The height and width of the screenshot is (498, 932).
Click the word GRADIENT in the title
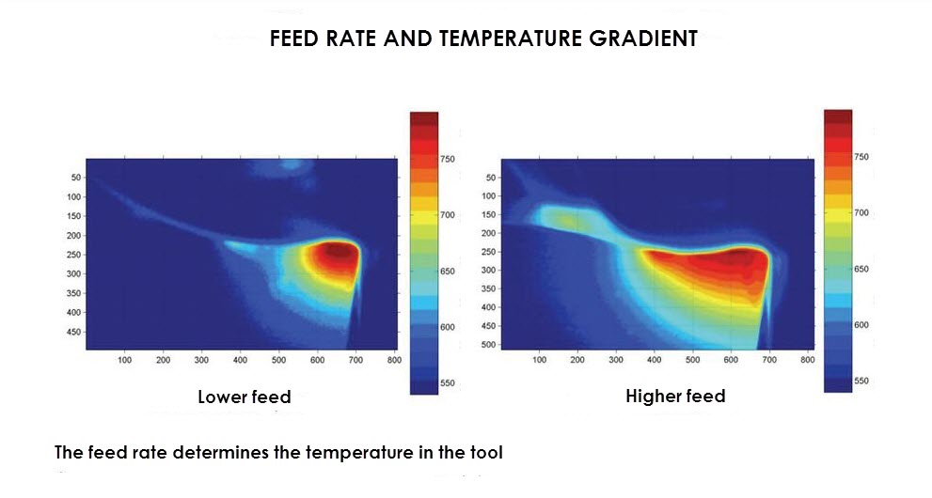click(x=643, y=39)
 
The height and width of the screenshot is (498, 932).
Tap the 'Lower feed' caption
click(x=245, y=397)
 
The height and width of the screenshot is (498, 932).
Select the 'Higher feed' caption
click(x=675, y=396)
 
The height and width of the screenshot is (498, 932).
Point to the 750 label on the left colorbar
click(x=448, y=159)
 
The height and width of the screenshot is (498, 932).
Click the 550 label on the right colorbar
click(x=861, y=381)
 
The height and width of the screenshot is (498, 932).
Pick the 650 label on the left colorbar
click(x=448, y=272)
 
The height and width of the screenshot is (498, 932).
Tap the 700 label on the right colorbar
click(x=861, y=212)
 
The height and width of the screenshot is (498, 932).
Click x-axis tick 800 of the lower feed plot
click(x=394, y=360)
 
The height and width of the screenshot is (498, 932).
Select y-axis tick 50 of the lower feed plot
click(x=76, y=178)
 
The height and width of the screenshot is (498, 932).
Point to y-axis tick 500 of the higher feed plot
click(x=489, y=344)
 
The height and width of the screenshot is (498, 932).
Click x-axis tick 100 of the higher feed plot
click(x=539, y=360)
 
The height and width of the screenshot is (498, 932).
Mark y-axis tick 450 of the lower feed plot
click(x=73, y=332)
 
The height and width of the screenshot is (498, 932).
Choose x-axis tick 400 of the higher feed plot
click(x=654, y=360)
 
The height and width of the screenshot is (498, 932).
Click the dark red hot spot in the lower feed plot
click(x=337, y=252)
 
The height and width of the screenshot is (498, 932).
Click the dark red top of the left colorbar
click(x=424, y=118)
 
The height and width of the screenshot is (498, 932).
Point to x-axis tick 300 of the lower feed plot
click(x=201, y=360)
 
